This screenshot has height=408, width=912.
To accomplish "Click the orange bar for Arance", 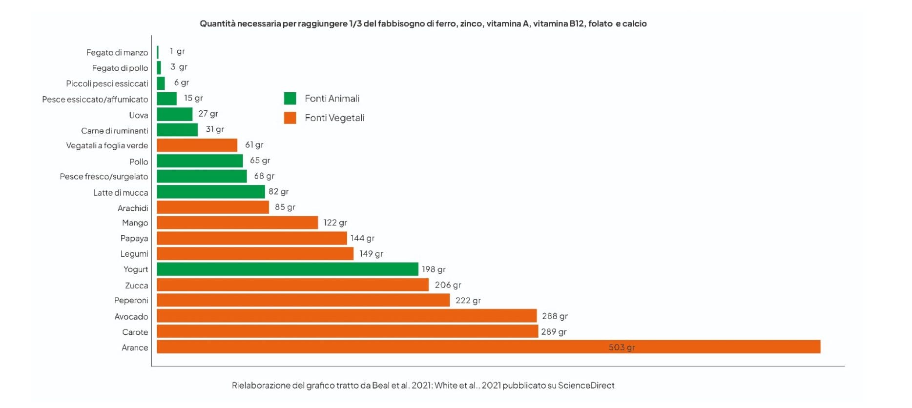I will [488, 347].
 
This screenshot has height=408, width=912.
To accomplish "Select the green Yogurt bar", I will [287, 269].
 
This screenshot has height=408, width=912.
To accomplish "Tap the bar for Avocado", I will [347, 316].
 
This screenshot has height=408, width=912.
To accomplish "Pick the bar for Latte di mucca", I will [210, 191].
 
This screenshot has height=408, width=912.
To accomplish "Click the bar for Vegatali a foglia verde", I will [197, 145].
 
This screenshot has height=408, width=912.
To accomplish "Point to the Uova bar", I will [174, 114].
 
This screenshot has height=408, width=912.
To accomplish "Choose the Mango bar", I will [237, 223].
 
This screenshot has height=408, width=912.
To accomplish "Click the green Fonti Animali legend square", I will [290, 99].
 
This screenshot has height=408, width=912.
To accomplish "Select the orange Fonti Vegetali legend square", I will [290, 118].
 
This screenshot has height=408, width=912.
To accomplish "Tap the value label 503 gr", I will [622, 347].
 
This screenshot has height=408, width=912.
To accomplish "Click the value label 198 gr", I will [434, 269].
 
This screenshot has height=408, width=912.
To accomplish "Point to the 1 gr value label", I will [177, 51].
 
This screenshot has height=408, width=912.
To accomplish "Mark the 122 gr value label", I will [335, 223].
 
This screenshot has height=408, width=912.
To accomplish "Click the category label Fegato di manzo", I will [117, 52].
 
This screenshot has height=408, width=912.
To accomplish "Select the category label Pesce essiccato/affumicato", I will [95, 99].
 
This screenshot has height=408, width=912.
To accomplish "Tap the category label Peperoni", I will [131, 300].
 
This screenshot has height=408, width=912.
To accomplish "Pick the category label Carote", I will [135, 332].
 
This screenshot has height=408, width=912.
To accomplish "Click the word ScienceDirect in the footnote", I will [586, 385].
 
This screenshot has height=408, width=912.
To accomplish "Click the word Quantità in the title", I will [217, 23].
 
